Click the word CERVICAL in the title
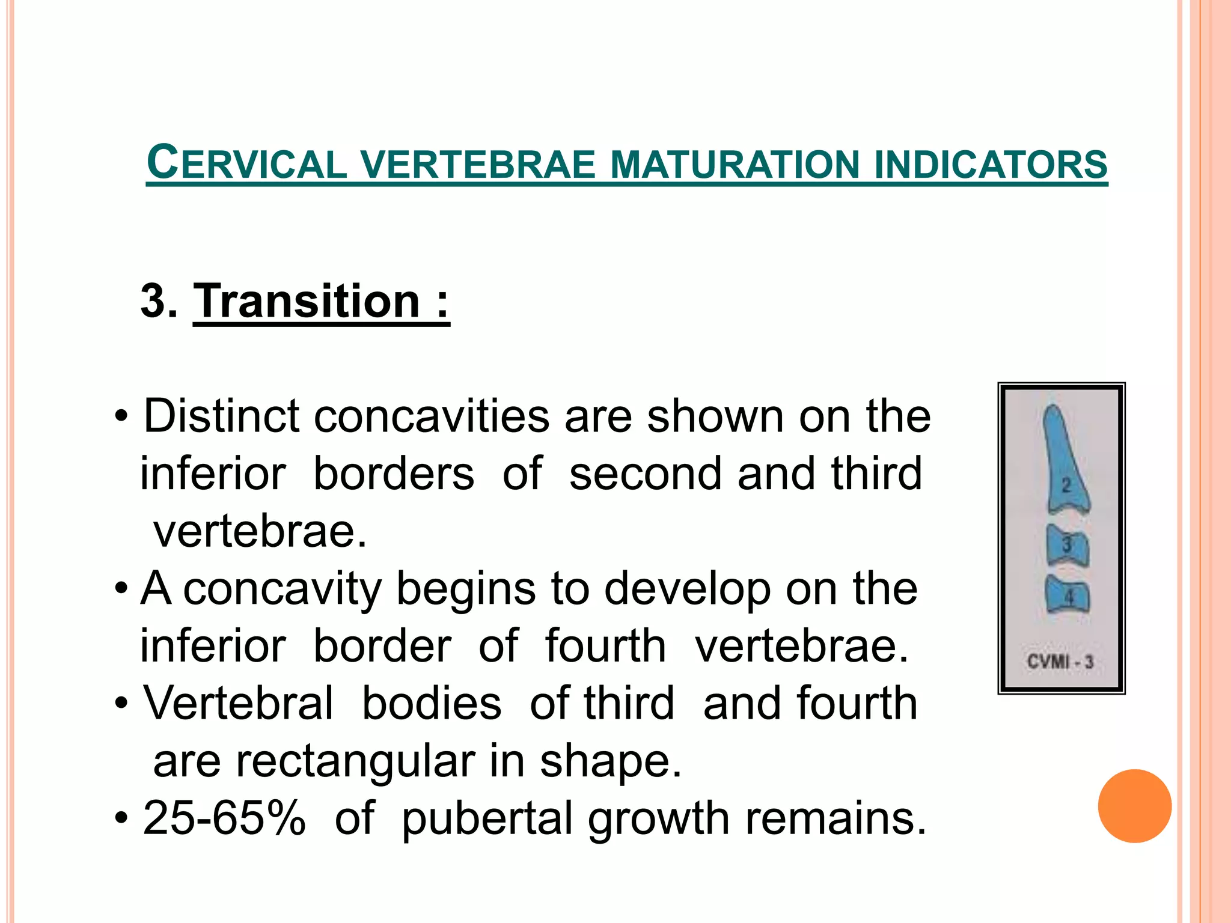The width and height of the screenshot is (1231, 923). click(x=247, y=163)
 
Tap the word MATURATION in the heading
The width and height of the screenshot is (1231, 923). click(x=735, y=165)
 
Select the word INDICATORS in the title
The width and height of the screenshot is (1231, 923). click(x=991, y=165)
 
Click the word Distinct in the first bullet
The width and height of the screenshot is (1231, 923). click(x=221, y=416)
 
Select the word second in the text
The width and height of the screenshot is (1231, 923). click(x=646, y=474)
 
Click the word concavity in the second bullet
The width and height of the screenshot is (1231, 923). click(x=282, y=589)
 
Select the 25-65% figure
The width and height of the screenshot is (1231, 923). click(x=224, y=818)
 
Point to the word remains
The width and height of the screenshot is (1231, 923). click(x=835, y=818)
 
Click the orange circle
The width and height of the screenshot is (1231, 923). click(x=1134, y=806)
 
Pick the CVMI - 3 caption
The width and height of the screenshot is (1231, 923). click(x=1060, y=662)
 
